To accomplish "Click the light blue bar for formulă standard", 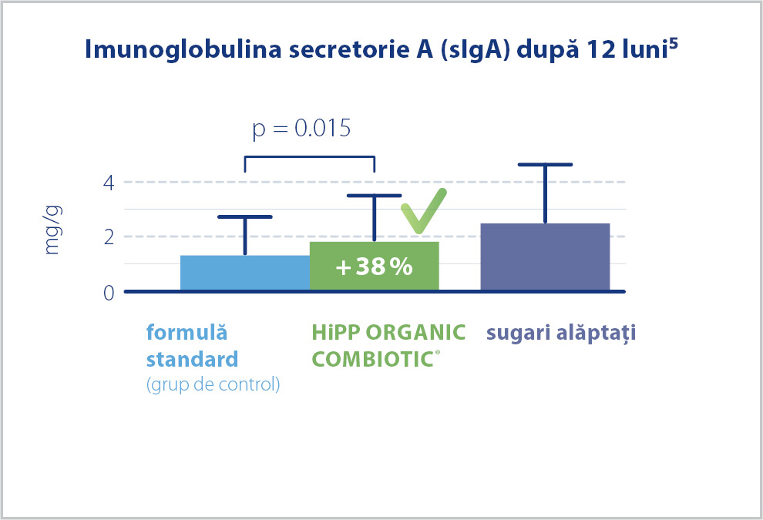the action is tap(245, 273).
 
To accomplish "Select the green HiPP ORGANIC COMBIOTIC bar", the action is tap(375, 266).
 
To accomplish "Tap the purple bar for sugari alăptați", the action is tap(545, 257).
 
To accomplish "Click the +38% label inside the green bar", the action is tap(375, 267).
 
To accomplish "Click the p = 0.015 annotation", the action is tap(301, 129).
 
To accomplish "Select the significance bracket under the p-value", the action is tap(310, 156).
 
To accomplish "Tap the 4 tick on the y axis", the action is tap(109, 183).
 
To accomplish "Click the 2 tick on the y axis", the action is tap(109, 237).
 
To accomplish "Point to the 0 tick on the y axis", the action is tap(109, 293).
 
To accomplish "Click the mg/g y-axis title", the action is tap(52, 230).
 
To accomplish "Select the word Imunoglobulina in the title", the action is tap(183, 49).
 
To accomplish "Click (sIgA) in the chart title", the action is tap(475, 50).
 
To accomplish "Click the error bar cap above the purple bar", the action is tap(545, 164).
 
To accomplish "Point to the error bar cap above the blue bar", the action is tap(245, 216).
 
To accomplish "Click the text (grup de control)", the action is tap(213, 384).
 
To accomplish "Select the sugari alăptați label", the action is tap(561, 334).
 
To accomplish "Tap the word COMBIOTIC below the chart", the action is tap(373, 360).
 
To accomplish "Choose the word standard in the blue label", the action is tap(192, 360).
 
